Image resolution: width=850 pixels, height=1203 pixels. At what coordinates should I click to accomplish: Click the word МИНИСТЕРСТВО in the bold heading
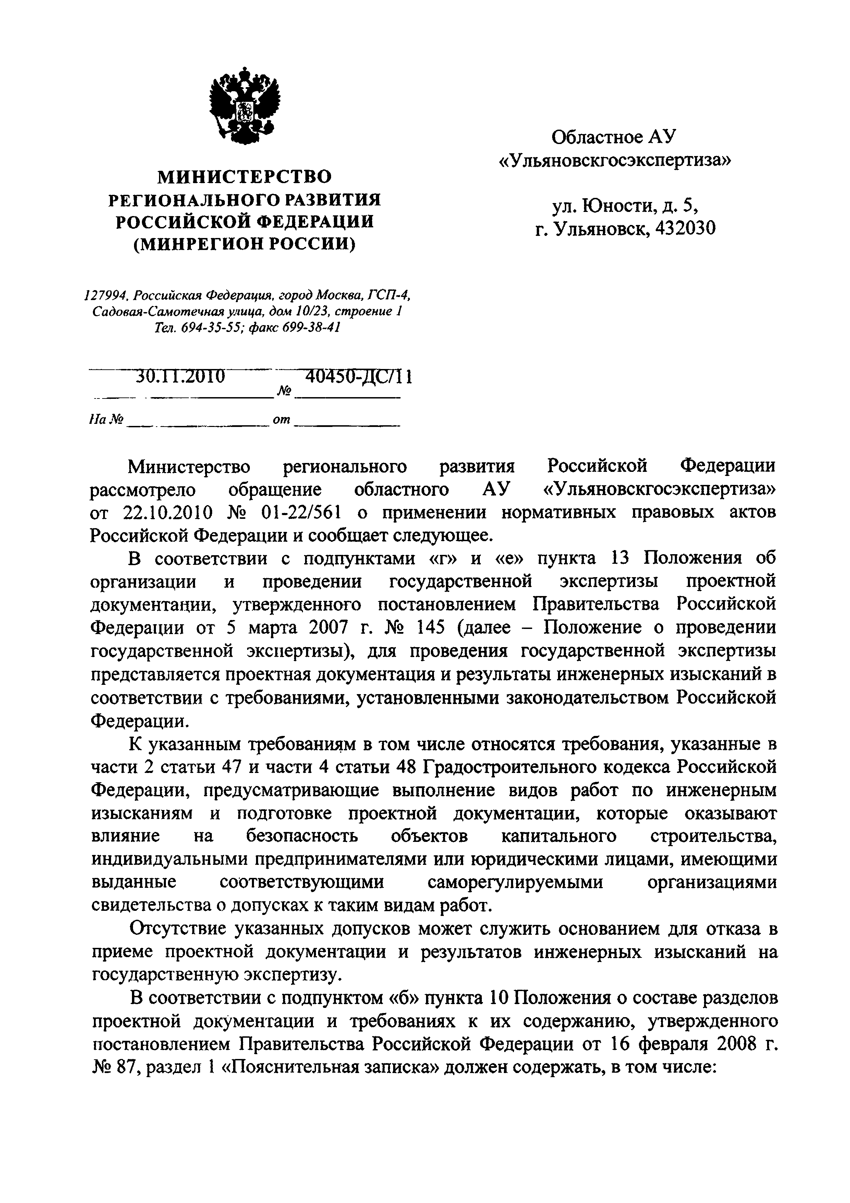[245, 177]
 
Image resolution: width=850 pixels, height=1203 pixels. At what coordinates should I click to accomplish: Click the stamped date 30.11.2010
[181, 376]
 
